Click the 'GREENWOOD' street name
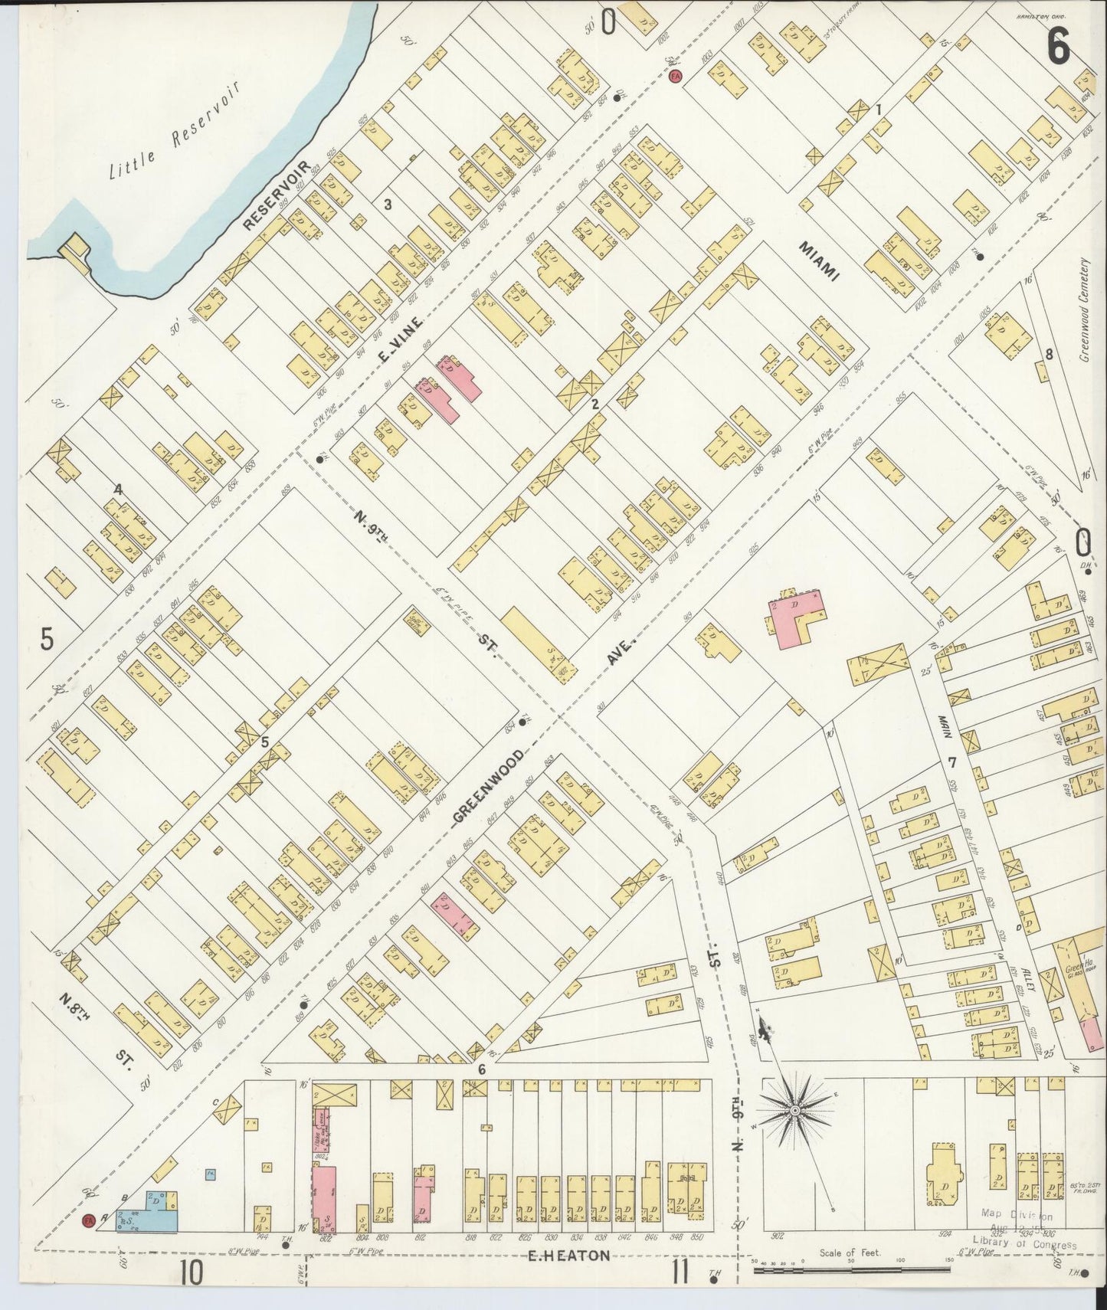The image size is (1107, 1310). [489, 787]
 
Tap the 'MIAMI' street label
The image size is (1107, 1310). [819, 261]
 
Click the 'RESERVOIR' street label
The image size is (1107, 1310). [277, 196]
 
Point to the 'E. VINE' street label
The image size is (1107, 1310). [400, 338]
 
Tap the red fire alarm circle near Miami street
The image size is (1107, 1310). [675, 76]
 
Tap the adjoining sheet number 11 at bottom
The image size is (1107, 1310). [679, 1273]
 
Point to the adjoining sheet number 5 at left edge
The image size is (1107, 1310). [47, 638]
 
